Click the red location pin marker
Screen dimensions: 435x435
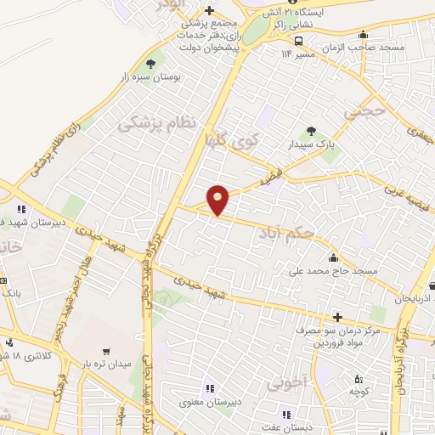pyautogui.click(x=218, y=200)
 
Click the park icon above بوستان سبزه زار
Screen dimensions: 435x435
pyautogui.click(x=152, y=64)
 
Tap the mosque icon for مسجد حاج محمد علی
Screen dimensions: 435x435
pyautogui.click(x=333, y=259)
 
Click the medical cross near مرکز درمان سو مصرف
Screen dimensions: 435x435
pyautogui.click(x=337, y=316)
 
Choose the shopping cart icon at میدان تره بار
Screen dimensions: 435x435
pyautogui.click(x=106, y=351)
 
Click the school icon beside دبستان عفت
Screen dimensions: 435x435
pyautogui.click(x=286, y=414)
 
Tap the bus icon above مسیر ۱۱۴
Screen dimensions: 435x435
pyautogui.click(x=299, y=40)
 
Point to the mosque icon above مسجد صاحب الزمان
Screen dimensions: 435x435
pyautogui.click(x=364, y=35)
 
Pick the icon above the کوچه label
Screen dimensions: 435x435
pyautogui.click(x=359, y=379)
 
